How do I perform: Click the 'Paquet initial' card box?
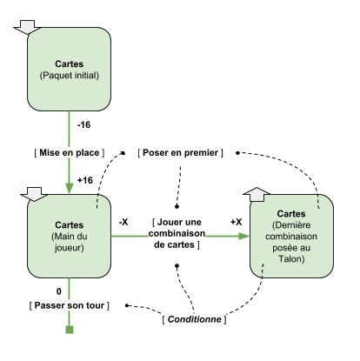(69, 70)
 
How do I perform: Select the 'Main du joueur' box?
(69, 236)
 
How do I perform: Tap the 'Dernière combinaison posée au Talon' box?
(291, 236)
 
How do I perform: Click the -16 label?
(83, 125)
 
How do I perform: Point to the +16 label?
(85, 180)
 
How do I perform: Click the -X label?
(123, 222)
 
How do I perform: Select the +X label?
(237, 222)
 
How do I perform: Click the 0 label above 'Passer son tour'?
(59, 291)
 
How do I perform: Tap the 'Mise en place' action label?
(70, 152)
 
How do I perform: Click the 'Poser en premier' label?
(180, 152)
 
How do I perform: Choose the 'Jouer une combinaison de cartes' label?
(177, 233)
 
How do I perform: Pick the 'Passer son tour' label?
(70, 305)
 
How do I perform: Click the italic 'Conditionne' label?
(194, 319)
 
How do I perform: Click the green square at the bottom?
(70, 330)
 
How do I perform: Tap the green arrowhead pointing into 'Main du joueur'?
(70, 188)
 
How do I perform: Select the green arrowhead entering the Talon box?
(244, 236)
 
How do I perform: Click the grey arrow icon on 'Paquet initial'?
(28, 27)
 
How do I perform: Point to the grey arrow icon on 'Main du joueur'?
(34, 194)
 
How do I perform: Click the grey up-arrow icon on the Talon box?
(257, 194)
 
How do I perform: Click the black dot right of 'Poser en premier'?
(237, 153)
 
